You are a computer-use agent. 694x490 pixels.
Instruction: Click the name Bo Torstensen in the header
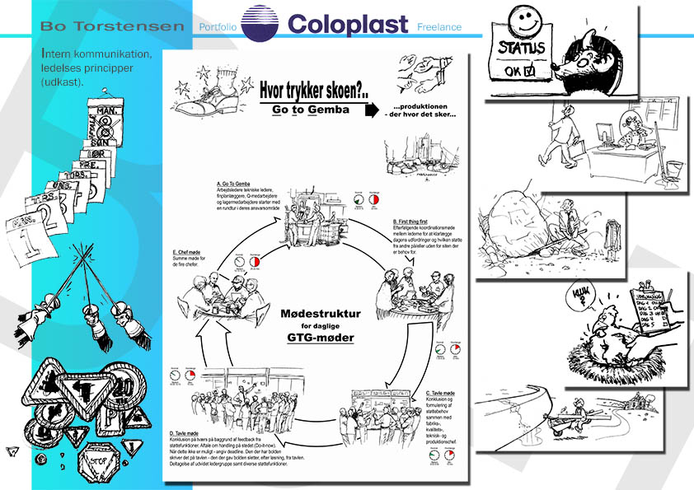click(x=112, y=26)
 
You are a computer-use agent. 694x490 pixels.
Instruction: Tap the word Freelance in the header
click(x=439, y=27)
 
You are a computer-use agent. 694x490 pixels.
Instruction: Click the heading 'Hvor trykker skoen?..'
click(x=312, y=90)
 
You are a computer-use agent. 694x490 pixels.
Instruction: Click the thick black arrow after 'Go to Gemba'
click(x=371, y=110)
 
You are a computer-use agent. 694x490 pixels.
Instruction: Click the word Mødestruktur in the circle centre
click(x=321, y=314)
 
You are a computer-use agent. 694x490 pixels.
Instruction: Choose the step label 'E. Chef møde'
click(x=189, y=252)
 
